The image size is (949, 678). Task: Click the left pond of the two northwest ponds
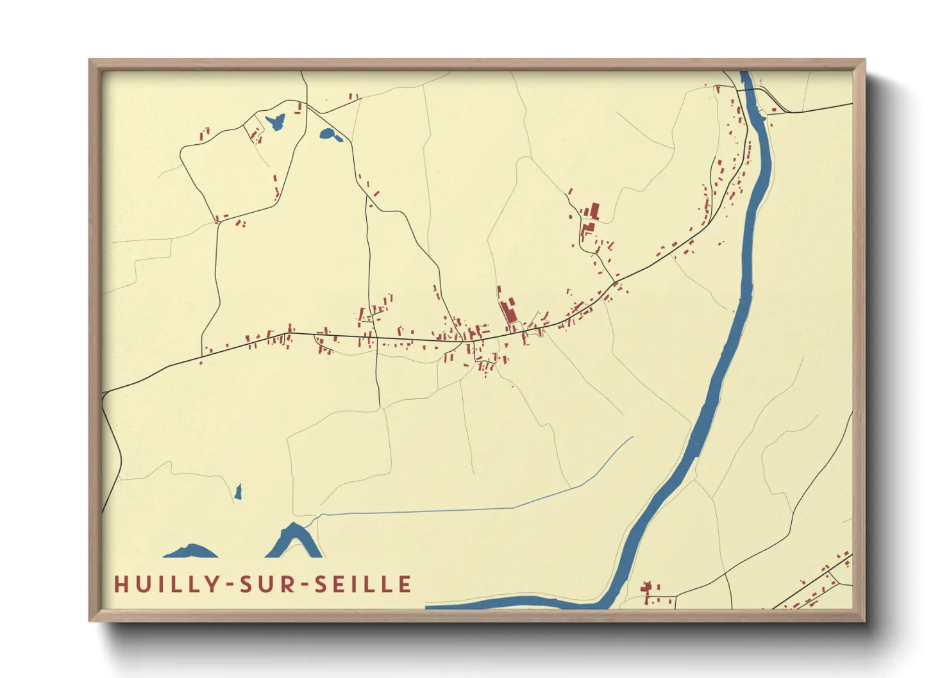tap(276, 121)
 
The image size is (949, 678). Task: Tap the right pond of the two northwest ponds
tap(328, 135)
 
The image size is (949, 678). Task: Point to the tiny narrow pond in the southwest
tap(238, 492)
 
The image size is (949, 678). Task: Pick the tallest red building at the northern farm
tap(594, 211)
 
